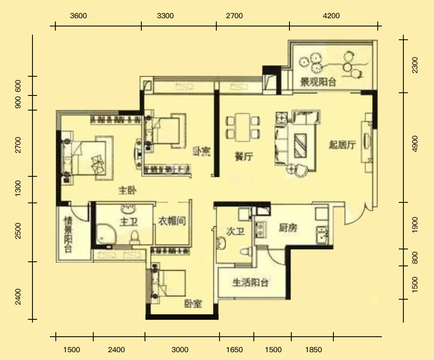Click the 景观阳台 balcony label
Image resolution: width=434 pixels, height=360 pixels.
click(318, 83)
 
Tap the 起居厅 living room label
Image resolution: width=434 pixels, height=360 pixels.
click(343, 145)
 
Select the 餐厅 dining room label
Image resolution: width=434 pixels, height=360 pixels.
click(244, 157)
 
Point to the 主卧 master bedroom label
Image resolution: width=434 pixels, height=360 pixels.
click(129, 190)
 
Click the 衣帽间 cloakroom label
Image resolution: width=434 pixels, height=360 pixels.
click(172, 222)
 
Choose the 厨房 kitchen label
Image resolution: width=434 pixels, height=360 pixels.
click(288, 228)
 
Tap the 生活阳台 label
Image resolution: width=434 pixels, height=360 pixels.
click(250, 282)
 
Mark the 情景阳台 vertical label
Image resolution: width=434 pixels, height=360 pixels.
click(68, 234)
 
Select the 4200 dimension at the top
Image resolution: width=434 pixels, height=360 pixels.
click(331, 16)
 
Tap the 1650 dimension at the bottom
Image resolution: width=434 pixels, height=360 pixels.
click(235, 350)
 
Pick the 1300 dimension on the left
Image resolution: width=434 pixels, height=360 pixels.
click(18, 189)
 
